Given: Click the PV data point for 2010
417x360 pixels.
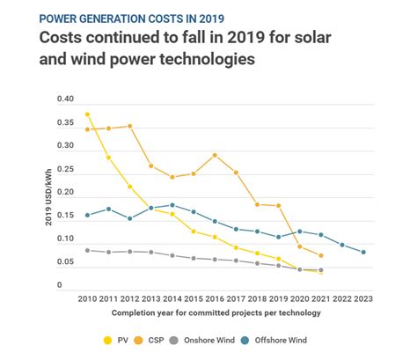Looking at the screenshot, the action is tap(87, 114).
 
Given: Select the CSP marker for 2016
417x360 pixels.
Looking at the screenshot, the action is tap(215, 155).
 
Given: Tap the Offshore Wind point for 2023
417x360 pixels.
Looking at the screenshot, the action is tap(363, 252).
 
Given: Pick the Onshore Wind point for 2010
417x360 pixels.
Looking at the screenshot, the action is tap(87, 250).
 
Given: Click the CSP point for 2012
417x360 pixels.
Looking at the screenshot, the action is tap(130, 126).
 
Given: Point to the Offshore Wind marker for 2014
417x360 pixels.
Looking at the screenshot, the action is tap(172, 205).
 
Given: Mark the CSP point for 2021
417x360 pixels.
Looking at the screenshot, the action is tap(321, 255).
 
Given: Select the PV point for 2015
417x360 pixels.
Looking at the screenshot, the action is tap(194, 231).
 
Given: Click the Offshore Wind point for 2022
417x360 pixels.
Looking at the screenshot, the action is tap(342, 245).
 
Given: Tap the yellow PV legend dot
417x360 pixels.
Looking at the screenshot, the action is tap(108, 341).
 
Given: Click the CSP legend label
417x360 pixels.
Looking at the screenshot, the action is tap(156, 341).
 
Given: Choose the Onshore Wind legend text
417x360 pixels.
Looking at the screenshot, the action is tap(209, 341).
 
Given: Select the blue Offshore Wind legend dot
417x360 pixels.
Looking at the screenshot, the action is tap(245, 341).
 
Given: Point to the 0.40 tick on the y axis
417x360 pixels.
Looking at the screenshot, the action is tap(65, 99).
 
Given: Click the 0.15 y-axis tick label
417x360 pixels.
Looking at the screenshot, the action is tap(65, 215).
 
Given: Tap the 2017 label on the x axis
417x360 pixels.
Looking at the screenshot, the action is tap(236, 299).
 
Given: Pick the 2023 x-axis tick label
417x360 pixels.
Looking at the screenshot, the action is tap(363, 299).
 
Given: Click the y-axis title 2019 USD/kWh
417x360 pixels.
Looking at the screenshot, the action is tap(48, 197).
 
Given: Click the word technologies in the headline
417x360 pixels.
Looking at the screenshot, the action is tap(208, 59).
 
